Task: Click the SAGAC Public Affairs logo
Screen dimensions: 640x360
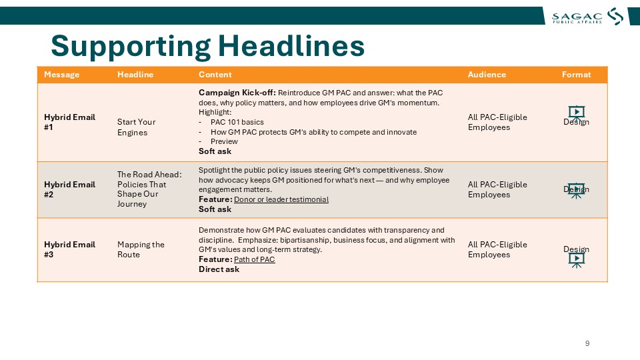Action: click(x=587, y=17)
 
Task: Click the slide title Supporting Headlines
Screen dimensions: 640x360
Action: click(x=207, y=46)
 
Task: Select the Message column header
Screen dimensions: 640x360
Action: click(x=61, y=75)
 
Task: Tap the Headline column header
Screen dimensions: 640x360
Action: click(x=135, y=75)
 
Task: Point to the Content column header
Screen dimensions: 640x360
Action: click(x=215, y=75)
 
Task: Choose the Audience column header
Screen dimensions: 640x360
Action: click(x=487, y=75)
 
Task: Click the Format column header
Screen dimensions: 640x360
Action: click(x=576, y=75)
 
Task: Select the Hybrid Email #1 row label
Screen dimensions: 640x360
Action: click(x=69, y=122)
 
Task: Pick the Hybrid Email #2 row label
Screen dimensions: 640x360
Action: click(x=69, y=189)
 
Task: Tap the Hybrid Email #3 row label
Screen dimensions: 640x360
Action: click(x=69, y=249)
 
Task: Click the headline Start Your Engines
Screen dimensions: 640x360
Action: click(x=136, y=127)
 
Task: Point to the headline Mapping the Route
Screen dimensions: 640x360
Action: click(x=141, y=249)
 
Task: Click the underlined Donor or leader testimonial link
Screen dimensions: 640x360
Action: click(x=281, y=199)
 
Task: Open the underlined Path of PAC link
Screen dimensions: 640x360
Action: click(x=254, y=259)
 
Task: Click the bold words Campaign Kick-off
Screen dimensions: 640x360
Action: click(x=237, y=93)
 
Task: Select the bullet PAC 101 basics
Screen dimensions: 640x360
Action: click(x=237, y=122)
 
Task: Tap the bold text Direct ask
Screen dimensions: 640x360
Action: click(x=219, y=269)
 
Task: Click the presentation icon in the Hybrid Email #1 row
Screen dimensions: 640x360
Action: click(x=576, y=112)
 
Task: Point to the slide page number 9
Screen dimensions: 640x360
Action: click(x=587, y=343)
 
